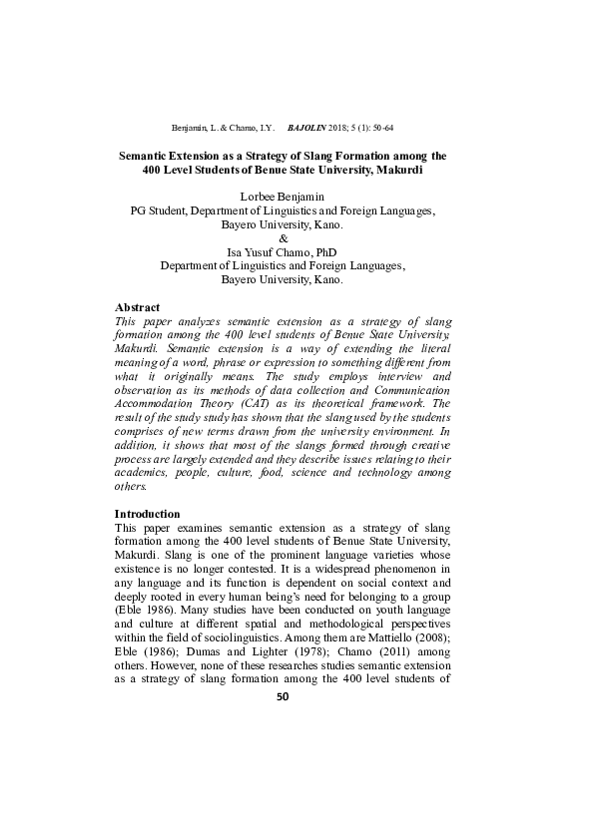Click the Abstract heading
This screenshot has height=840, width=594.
coord(138,306)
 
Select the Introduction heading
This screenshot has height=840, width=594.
coord(148,513)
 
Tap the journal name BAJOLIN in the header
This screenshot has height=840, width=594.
coord(306,130)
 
